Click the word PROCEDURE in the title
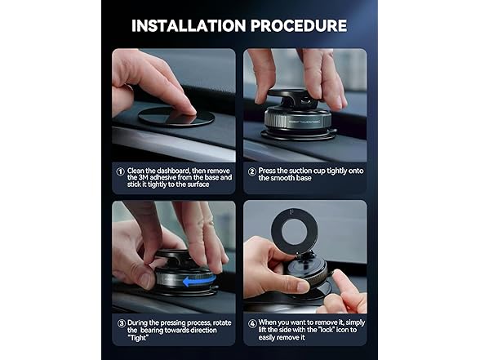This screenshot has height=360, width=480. tap(299, 26)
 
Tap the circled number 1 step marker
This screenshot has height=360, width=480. tap(121, 171)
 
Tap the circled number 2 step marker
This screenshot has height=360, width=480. tap(252, 171)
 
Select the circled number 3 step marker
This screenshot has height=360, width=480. tap(122, 323)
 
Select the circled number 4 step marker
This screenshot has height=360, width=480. tap(252, 323)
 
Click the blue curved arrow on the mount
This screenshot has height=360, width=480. tap(198, 281)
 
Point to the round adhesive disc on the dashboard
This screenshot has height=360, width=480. tap(176, 117)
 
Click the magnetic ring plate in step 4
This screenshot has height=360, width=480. tap(294, 231)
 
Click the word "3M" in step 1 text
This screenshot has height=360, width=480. tap(144, 178)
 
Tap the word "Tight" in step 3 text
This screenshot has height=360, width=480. tap(138, 338)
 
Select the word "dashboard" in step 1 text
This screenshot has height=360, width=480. tap(171, 171)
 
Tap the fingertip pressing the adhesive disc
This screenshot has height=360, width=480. tap(189, 110)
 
